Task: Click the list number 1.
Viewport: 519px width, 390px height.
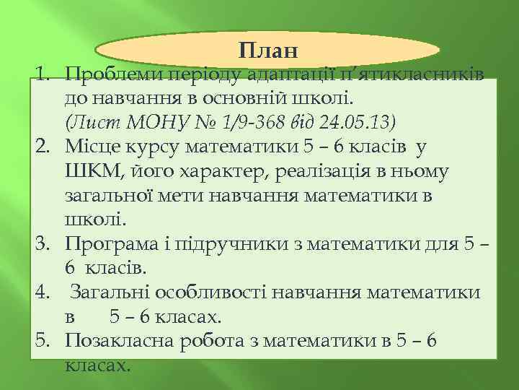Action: pyautogui.click(x=43, y=74)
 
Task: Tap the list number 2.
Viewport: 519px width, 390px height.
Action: pyautogui.click(x=43, y=148)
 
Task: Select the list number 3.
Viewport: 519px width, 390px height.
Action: pyautogui.click(x=43, y=245)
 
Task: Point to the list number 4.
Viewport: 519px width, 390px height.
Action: pyautogui.click(x=43, y=293)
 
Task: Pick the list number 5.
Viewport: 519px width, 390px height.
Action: pyautogui.click(x=43, y=342)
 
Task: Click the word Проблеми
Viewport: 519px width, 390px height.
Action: pyautogui.click(x=110, y=74)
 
